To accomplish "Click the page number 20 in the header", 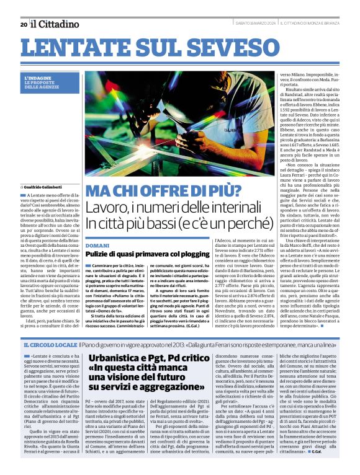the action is coord(24,24).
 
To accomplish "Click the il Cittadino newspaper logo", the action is coord(55,24).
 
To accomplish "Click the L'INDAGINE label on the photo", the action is coord(38,78).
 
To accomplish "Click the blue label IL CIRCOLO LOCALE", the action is coord(50,344).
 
